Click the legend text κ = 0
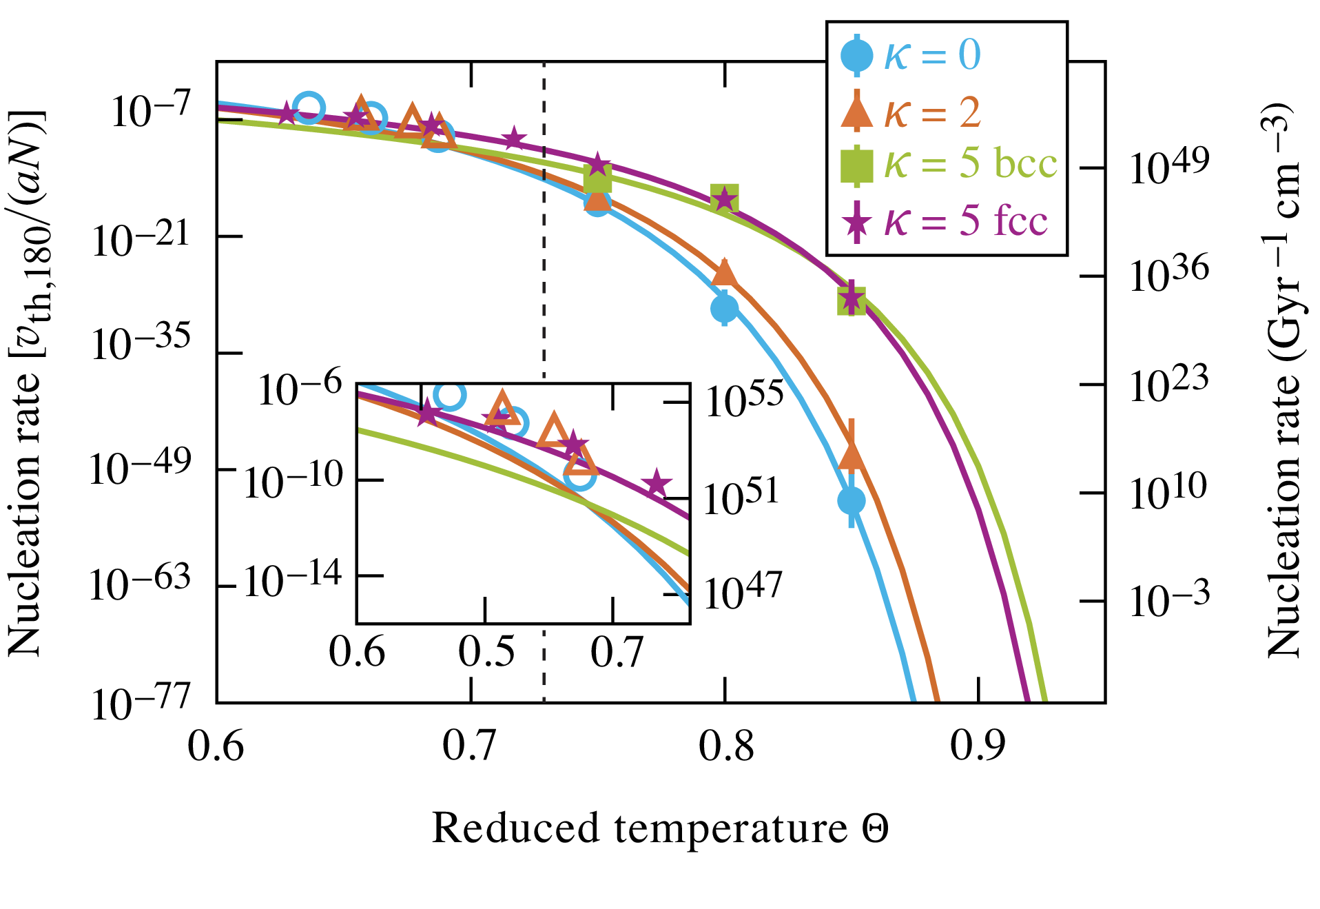[932, 54]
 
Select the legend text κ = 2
[932, 112]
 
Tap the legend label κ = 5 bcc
[970, 164]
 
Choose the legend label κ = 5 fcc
[965, 221]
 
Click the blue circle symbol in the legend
[856, 55]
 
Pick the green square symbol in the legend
[856, 165]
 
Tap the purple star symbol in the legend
[856, 222]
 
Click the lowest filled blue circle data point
[852, 500]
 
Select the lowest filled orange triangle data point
[852, 456]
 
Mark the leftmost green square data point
[597, 178]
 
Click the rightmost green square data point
[852, 300]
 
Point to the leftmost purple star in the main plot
[287, 112]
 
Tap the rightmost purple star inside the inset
[656, 482]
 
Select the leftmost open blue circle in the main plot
[309, 108]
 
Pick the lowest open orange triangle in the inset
[581, 460]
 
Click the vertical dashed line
[544, 276]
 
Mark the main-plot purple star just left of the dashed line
[514, 139]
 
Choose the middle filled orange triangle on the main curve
[724, 272]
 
